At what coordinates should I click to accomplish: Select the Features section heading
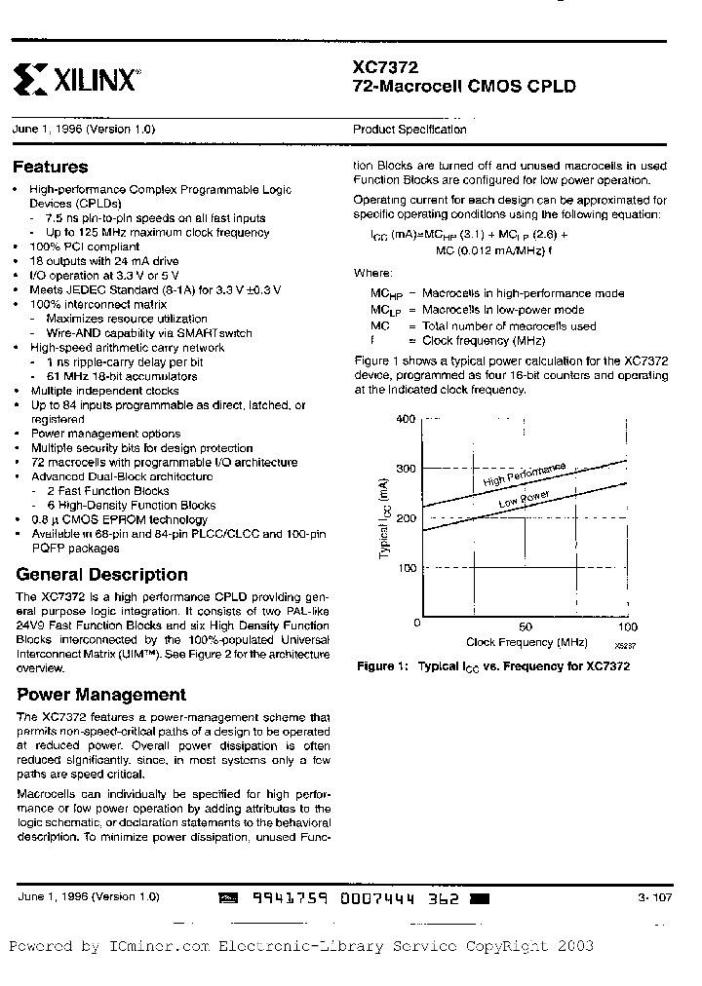pyautogui.click(x=51, y=167)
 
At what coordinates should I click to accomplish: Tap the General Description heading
pyautogui.click(x=102, y=574)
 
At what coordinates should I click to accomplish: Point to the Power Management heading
pyautogui.click(x=101, y=695)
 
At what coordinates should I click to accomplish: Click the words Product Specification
pyautogui.click(x=409, y=130)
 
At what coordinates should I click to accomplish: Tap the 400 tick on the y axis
pyautogui.click(x=406, y=419)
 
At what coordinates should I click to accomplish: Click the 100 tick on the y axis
pyautogui.click(x=406, y=568)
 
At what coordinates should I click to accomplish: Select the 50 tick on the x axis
pyautogui.click(x=526, y=626)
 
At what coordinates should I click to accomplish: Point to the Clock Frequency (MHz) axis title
pyautogui.click(x=526, y=643)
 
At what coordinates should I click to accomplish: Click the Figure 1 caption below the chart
pyautogui.click(x=493, y=666)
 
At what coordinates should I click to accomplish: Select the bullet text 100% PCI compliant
pyautogui.click(x=86, y=247)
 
